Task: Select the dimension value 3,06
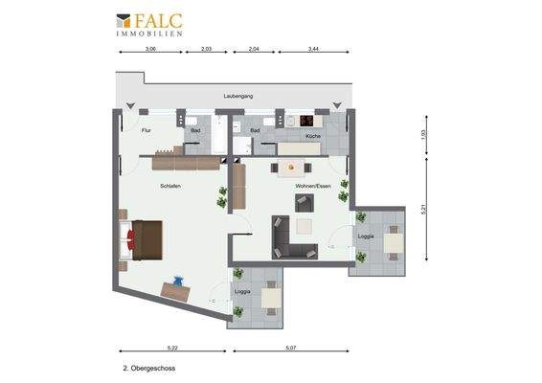coord(150,48)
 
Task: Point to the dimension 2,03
coord(207,48)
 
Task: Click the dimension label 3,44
coord(313,48)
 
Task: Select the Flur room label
coord(147,129)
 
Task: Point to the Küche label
coord(313,137)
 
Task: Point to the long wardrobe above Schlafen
coord(187,164)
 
